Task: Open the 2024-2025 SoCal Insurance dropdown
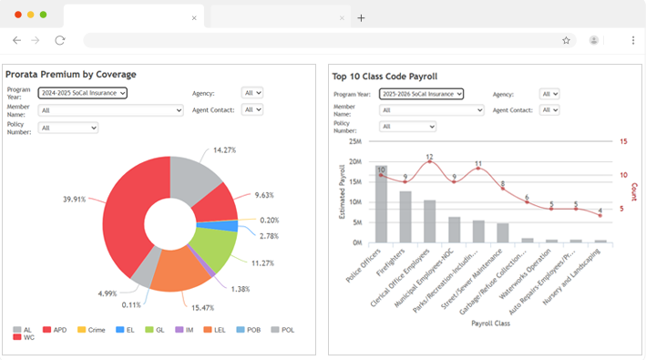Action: click(x=82, y=92)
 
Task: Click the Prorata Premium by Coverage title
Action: click(x=71, y=74)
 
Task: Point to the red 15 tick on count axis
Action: click(x=623, y=142)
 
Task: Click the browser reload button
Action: click(x=60, y=40)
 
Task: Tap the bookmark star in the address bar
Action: click(x=566, y=40)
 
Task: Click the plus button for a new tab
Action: click(x=362, y=17)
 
